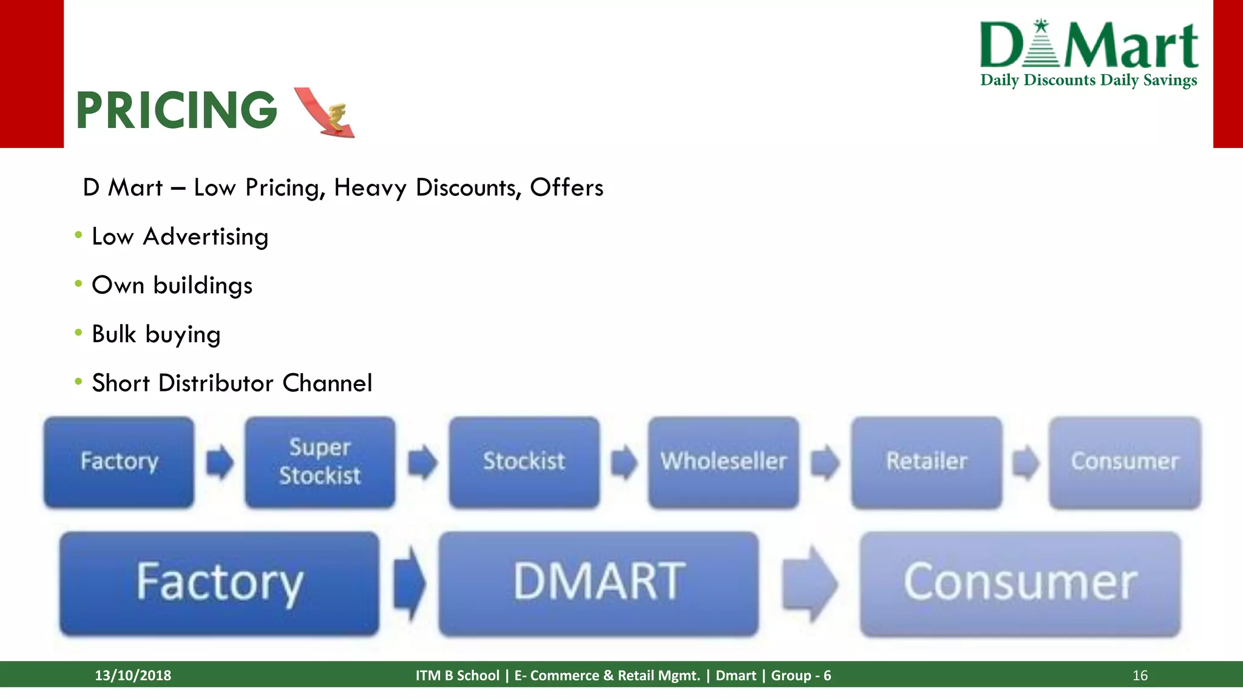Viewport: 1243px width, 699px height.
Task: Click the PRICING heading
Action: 176,110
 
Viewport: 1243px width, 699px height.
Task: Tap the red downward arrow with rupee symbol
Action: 325,112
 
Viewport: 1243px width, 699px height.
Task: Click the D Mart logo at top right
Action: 1089,45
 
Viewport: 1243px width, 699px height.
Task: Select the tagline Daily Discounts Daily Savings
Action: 1089,80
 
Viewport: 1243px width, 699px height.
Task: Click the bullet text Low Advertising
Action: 180,237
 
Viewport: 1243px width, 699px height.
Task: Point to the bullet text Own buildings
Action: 172,285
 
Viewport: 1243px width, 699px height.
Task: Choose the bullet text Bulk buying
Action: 156,334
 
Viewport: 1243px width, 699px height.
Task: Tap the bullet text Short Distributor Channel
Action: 232,383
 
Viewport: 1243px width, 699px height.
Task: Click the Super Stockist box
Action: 320,462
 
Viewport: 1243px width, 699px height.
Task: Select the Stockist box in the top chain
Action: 524,462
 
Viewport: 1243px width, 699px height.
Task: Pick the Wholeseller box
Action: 723,462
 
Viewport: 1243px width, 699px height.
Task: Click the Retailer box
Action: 926,462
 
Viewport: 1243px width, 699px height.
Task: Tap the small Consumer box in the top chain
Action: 1125,462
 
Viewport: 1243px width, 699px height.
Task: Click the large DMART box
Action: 598,583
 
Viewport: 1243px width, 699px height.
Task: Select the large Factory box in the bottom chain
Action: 219,583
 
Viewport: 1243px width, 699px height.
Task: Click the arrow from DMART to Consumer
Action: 810,584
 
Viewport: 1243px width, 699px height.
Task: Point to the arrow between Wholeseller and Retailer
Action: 825,462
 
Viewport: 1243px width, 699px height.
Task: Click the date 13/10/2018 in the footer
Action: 133,675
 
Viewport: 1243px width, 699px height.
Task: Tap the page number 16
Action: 1140,675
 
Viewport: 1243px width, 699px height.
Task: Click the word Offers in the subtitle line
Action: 566,187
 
